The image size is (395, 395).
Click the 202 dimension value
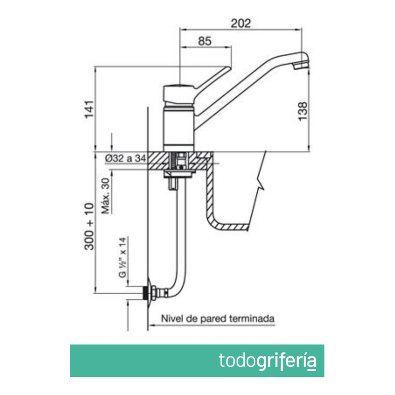pos(241,23)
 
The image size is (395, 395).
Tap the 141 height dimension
pos(89,109)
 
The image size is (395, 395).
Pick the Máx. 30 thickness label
pos(105,195)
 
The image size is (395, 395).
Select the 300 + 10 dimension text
pos(89,227)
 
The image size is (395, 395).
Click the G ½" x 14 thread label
pos(123,257)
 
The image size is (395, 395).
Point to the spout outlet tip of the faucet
pos(301,64)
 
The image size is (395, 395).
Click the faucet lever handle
pos(207,81)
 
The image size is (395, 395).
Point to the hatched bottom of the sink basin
pos(232,227)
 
